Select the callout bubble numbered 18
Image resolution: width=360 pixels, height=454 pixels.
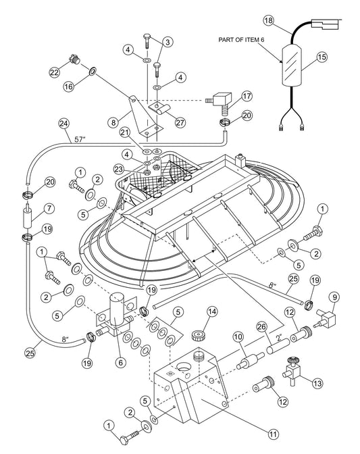click(x=268, y=21)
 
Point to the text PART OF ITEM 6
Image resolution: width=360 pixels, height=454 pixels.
click(x=249, y=41)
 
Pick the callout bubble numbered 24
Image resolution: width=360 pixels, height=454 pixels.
click(x=63, y=124)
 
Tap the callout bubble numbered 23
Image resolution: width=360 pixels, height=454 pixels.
click(x=138, y=170)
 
